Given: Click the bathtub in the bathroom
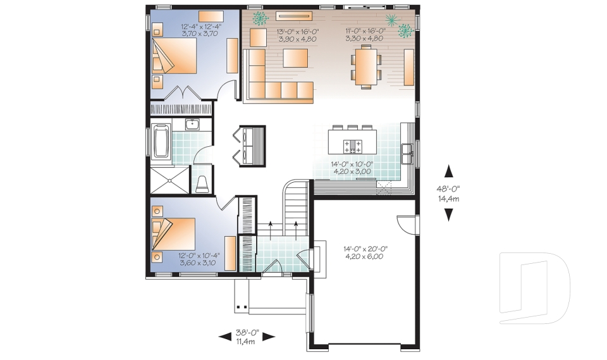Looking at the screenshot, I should pos(162,142).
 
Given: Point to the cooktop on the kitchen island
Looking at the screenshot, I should pos(352,147).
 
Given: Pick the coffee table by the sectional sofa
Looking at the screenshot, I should pos(295,58).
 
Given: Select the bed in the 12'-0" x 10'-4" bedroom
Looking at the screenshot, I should pos(177,233).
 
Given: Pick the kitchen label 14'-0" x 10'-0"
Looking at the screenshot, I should pos(352,167).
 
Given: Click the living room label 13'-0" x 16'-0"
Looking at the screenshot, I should pos(297,35).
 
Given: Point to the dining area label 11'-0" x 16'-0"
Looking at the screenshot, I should pos(365,35).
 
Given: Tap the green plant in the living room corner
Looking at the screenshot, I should pos(259,18).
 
